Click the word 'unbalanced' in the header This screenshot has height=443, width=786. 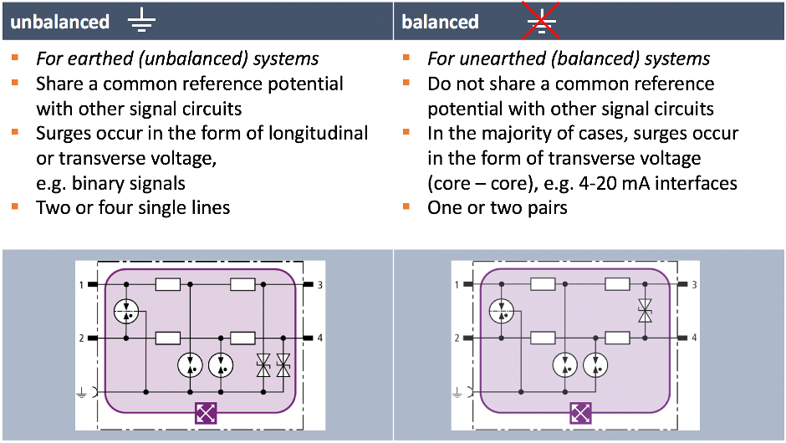(x=60, y=21)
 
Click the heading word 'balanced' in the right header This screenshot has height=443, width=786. (x=440, y=21)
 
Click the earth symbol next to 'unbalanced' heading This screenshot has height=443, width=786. (x=141, y=21)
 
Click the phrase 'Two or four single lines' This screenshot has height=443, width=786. (x=133, y=206)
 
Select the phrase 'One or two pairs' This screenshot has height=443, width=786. (x=498, y=206)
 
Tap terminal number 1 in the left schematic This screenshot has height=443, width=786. (x=82, y=285)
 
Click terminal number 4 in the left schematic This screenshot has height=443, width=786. (x=319, y=339)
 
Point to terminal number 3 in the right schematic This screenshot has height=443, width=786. (x=695, y=285)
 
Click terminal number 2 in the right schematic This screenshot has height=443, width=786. (x=457, y=339)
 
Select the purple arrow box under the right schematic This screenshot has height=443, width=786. (x=581, y=412)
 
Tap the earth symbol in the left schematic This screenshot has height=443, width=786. (x=83, y=390)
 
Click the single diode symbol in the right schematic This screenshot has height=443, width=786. (x=645, y=312)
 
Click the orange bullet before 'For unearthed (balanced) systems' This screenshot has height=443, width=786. (x=406, y=59)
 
